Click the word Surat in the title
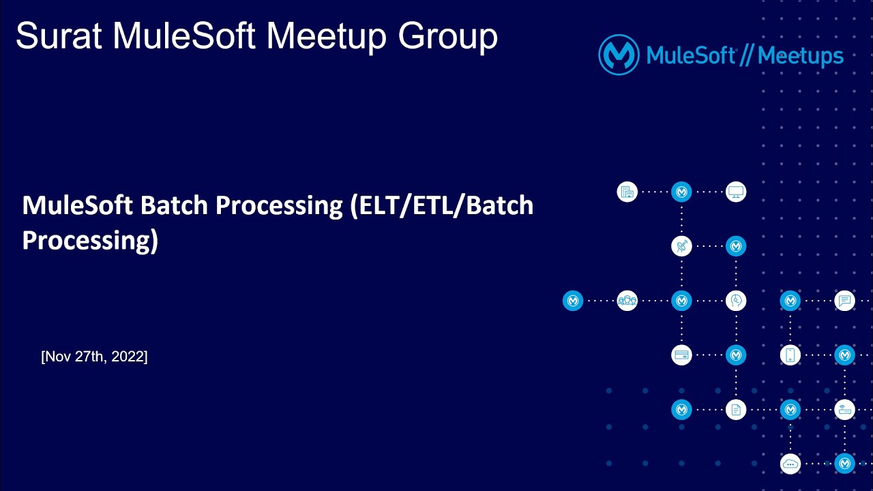click(59, 36)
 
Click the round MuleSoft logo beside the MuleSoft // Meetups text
click(619, 55)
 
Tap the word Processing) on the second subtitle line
click(90, 240)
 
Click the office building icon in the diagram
click(627, 192)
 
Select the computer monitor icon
click(736, 192)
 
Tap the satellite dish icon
click(681, 246)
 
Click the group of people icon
click(627, 301)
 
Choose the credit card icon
click(681, 355)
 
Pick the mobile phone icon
click(790, 355)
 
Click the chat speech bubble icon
click(845, 301)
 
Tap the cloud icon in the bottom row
click(790, 464)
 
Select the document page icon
click(736, 410)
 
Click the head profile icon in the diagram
click(736, 301)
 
